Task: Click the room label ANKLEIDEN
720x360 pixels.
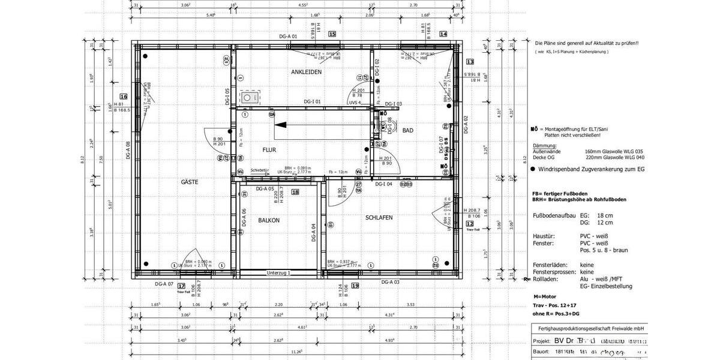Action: click(x=306, y=72)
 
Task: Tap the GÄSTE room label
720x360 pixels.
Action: click(x=190, y=181)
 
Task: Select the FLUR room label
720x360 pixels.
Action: click(x=269, y=149)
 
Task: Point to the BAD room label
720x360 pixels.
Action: click(x=407, y=130)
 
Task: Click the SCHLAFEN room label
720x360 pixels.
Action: click(x=379, y=217)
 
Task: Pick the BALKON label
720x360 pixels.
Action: click(x=268, y=220)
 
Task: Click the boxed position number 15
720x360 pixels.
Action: click(x=332, y=34)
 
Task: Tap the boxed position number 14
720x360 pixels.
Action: click(x=443, y=34)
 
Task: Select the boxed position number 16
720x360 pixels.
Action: click(x=124, y=96)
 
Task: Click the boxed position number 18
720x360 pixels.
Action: click(x=295, y=192)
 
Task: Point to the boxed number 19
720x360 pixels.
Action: click(x=355, y=286)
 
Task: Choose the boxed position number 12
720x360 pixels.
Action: click(x=470, y=223)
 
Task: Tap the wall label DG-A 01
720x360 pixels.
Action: click(x=288, y=37)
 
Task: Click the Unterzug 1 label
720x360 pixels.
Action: click(x=278, y=273)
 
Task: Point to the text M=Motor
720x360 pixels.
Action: click(x=545, y=296)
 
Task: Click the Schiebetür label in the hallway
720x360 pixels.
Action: click(x=260, y=170)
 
